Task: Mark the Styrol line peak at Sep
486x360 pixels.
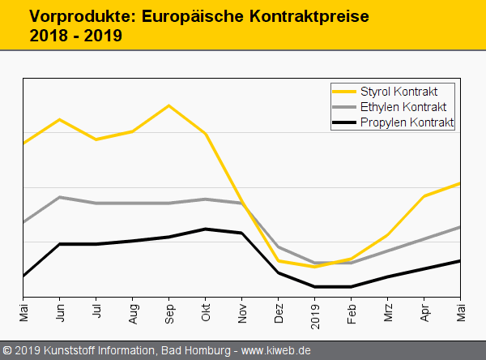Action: [169, 105]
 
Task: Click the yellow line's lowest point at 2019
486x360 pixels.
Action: [315, 267]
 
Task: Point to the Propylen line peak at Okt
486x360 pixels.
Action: [206, 229]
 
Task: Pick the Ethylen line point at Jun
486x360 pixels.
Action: [60, 197]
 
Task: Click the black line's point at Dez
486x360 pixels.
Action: [279, 272]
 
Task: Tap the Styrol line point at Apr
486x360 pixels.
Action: [424, 196]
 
